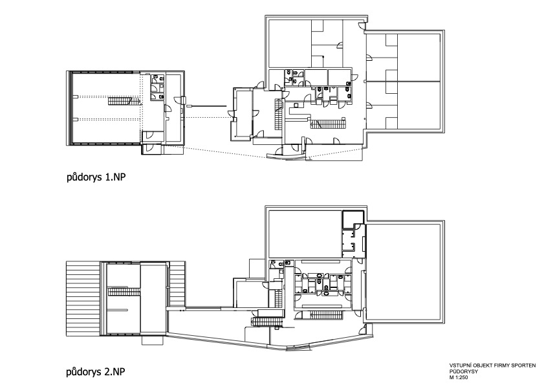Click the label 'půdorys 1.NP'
click(96, 177)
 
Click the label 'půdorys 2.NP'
click(95, 372)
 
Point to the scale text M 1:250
click(459, 377)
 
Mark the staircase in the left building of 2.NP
click(124, 292)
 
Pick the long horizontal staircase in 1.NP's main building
click(328, 124)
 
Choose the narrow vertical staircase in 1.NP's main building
click(278, 114)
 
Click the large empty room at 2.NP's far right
click(404, 272)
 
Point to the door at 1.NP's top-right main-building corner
click(362, 26)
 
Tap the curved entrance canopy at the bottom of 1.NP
click(285, 157)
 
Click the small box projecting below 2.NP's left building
click(152, 340)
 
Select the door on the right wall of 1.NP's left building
click(179, 100)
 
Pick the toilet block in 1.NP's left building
click(157, 87)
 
